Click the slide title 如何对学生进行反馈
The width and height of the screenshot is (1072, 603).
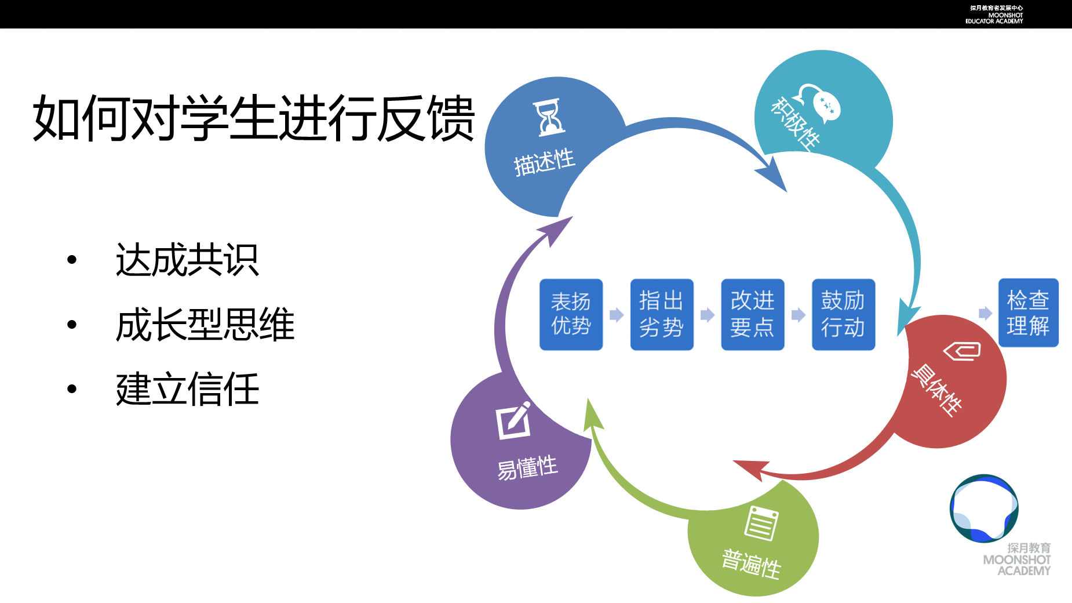[x=254, y=119]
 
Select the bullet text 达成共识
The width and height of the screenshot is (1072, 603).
[x=187, y=260]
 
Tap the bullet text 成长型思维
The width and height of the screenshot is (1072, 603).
[x=205, y=324]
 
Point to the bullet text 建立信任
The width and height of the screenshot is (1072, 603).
[x=187, y=389]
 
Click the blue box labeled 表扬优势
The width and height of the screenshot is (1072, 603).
[x=571, y=314]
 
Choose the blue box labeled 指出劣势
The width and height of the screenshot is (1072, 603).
[x=661, y=314]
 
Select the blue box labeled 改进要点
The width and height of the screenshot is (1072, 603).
[x=752, y=314]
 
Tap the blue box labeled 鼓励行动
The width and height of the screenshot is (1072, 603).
[x=843, y=314]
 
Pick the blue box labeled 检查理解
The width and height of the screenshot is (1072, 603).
[x=1028, y=313]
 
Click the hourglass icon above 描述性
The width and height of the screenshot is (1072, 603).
[x=549, y=118]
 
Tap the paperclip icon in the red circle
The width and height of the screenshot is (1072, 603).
[x=962, y=350]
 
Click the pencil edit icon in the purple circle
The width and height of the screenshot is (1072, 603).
[x=514, y=420]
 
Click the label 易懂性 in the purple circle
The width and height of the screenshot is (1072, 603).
[x=527, y=467]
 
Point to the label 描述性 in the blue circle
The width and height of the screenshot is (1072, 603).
[x=544, y=162]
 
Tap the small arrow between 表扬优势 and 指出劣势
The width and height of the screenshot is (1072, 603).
[x=617, y=315]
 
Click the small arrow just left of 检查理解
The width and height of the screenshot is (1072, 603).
[x=985, y=314]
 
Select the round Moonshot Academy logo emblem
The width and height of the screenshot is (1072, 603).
[x=984, y=508]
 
